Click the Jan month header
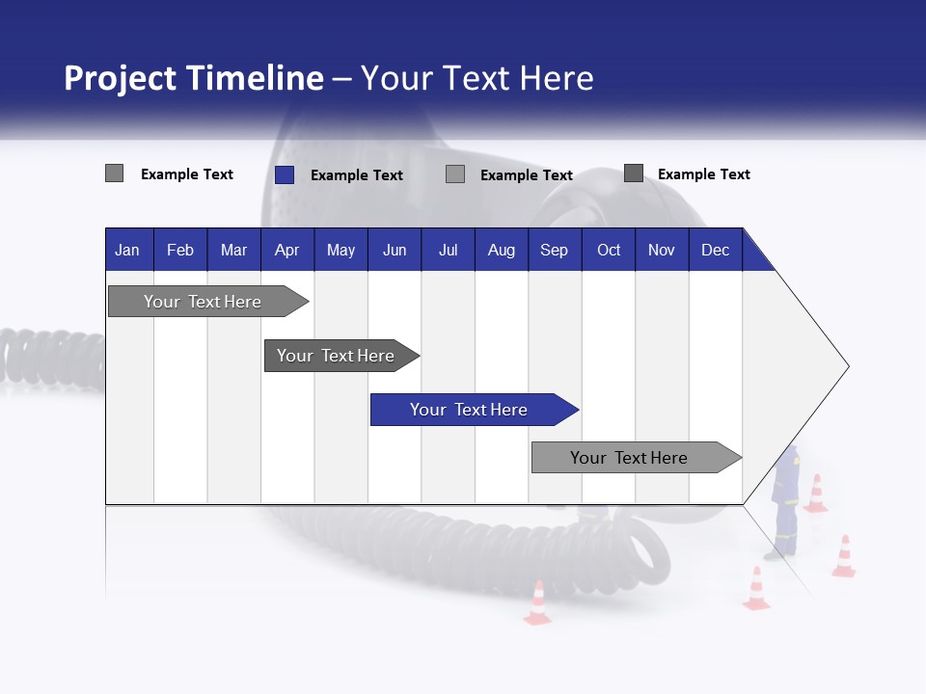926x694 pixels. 127,250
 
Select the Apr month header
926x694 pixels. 286,250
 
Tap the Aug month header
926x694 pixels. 501,250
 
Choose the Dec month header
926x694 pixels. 715,250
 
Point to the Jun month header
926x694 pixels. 394,250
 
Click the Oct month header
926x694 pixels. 609,250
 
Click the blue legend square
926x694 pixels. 284,174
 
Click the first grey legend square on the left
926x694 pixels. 114,173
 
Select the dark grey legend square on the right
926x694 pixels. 633,173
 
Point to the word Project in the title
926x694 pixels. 120,78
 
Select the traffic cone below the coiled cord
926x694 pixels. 537,603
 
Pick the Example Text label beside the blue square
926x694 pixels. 356,175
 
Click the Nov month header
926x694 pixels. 661,250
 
